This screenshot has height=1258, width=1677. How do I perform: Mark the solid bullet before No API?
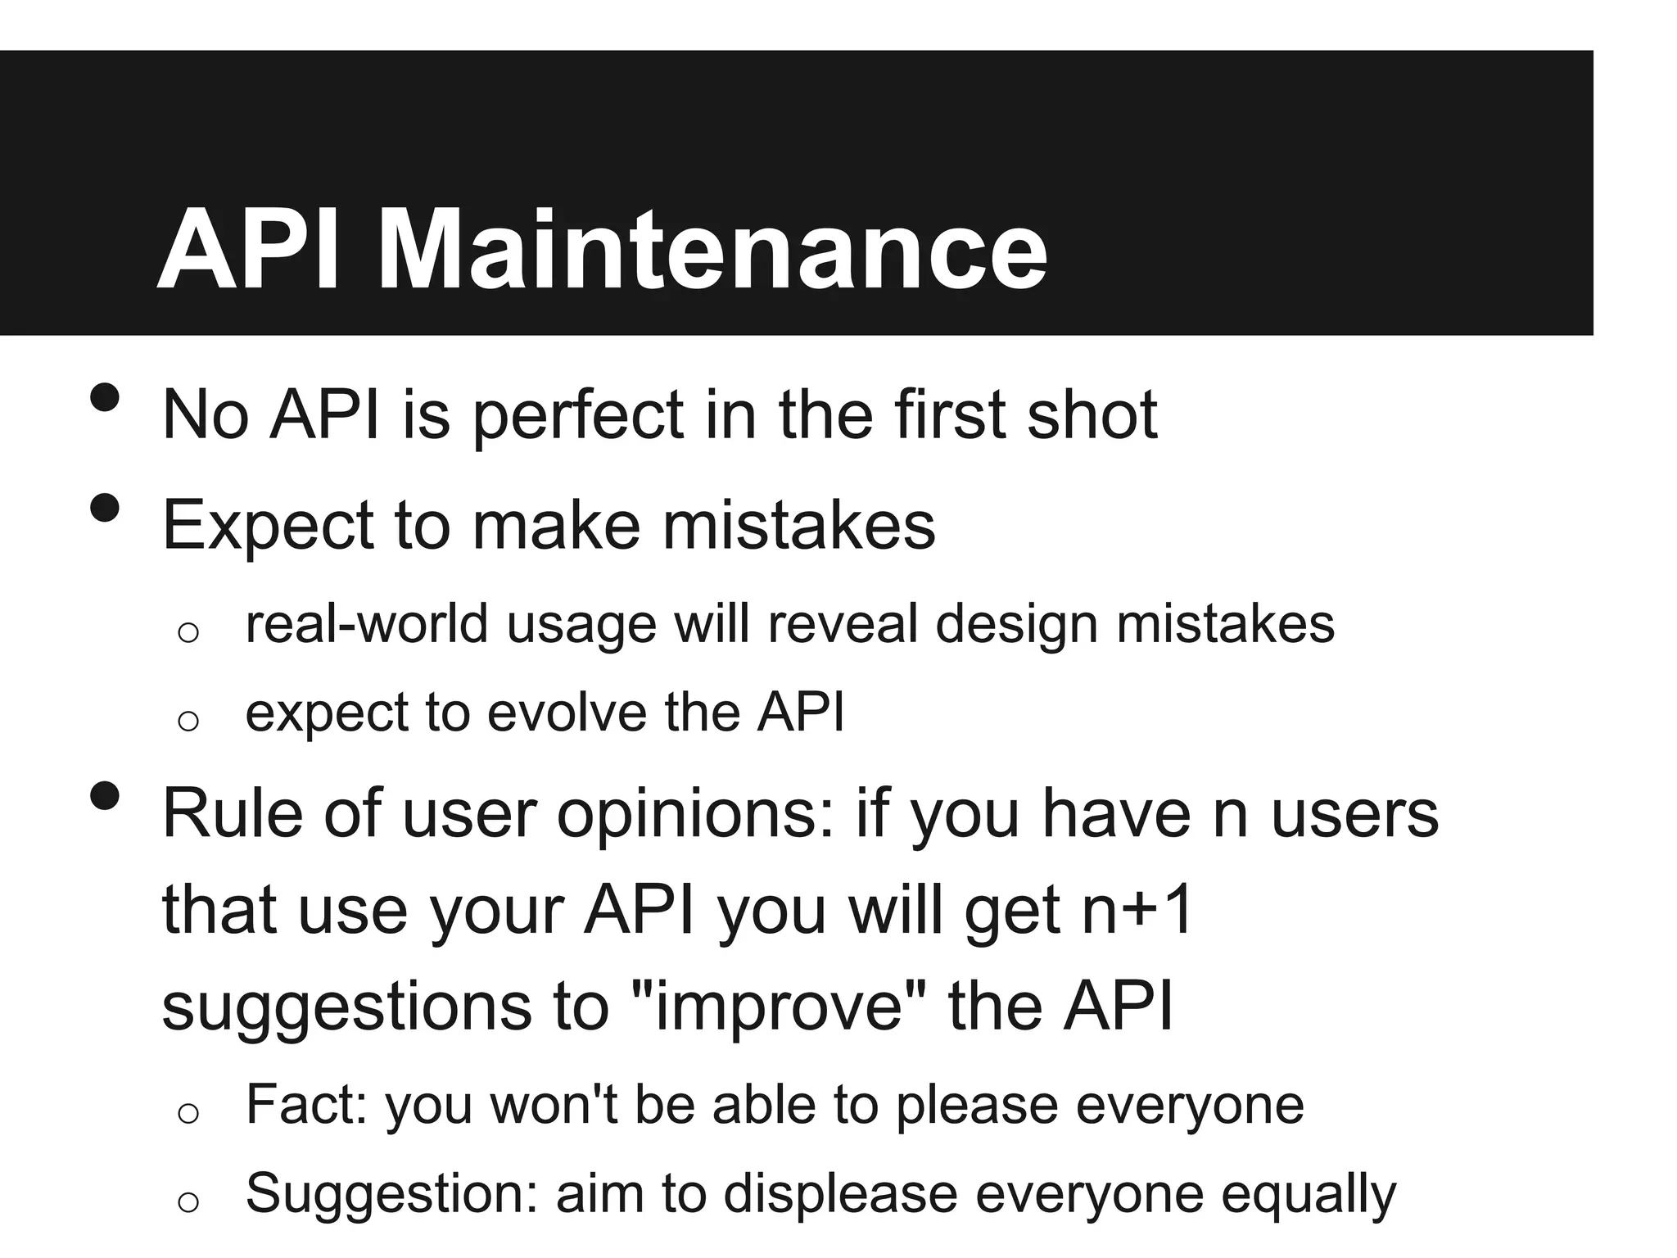105,399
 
